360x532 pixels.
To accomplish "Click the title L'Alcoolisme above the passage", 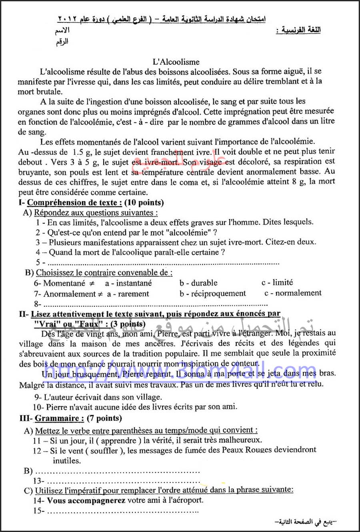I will pyautogui.click(x=176, y=62).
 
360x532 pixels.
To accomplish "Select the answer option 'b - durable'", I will pyautogui.click(x=198, y=283).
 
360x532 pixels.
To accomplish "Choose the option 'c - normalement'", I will pyautogui.click(x=293, y=293).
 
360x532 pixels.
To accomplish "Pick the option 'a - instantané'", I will pyautogui.click(x=128, y=283).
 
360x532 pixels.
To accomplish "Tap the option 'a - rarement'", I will pyautogui.click(x=128, y=294).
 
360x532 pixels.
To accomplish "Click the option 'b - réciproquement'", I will pyautogui.click(x=213, y=294).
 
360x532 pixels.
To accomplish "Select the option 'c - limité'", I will pyautogui.click(x=277, y=282).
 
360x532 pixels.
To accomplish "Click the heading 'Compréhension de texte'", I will pyautogui.click(x=72, y=203).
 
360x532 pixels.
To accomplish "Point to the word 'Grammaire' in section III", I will pyautogui.click(x=57, y=418).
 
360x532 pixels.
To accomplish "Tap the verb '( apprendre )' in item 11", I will pyautogui.click(x=118, y=440).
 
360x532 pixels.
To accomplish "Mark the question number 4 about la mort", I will pyautogui.click(x=38, y=252).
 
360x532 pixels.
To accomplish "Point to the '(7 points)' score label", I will pyautogui.click(x=104, y=418).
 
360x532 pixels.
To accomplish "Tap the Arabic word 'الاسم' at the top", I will pyautogui.click(x=62, y=30).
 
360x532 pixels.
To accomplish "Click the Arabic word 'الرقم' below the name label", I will pyautogui.click(x=62, y=41).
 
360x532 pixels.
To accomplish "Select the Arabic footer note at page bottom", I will pyautogui.click(x=306, y=522).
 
